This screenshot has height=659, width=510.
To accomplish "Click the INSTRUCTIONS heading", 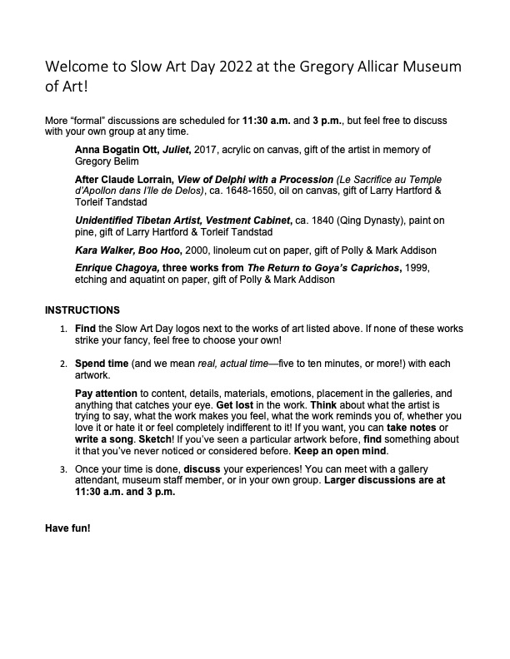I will [82, 310].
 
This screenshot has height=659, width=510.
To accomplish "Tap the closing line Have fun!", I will [67, 528].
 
